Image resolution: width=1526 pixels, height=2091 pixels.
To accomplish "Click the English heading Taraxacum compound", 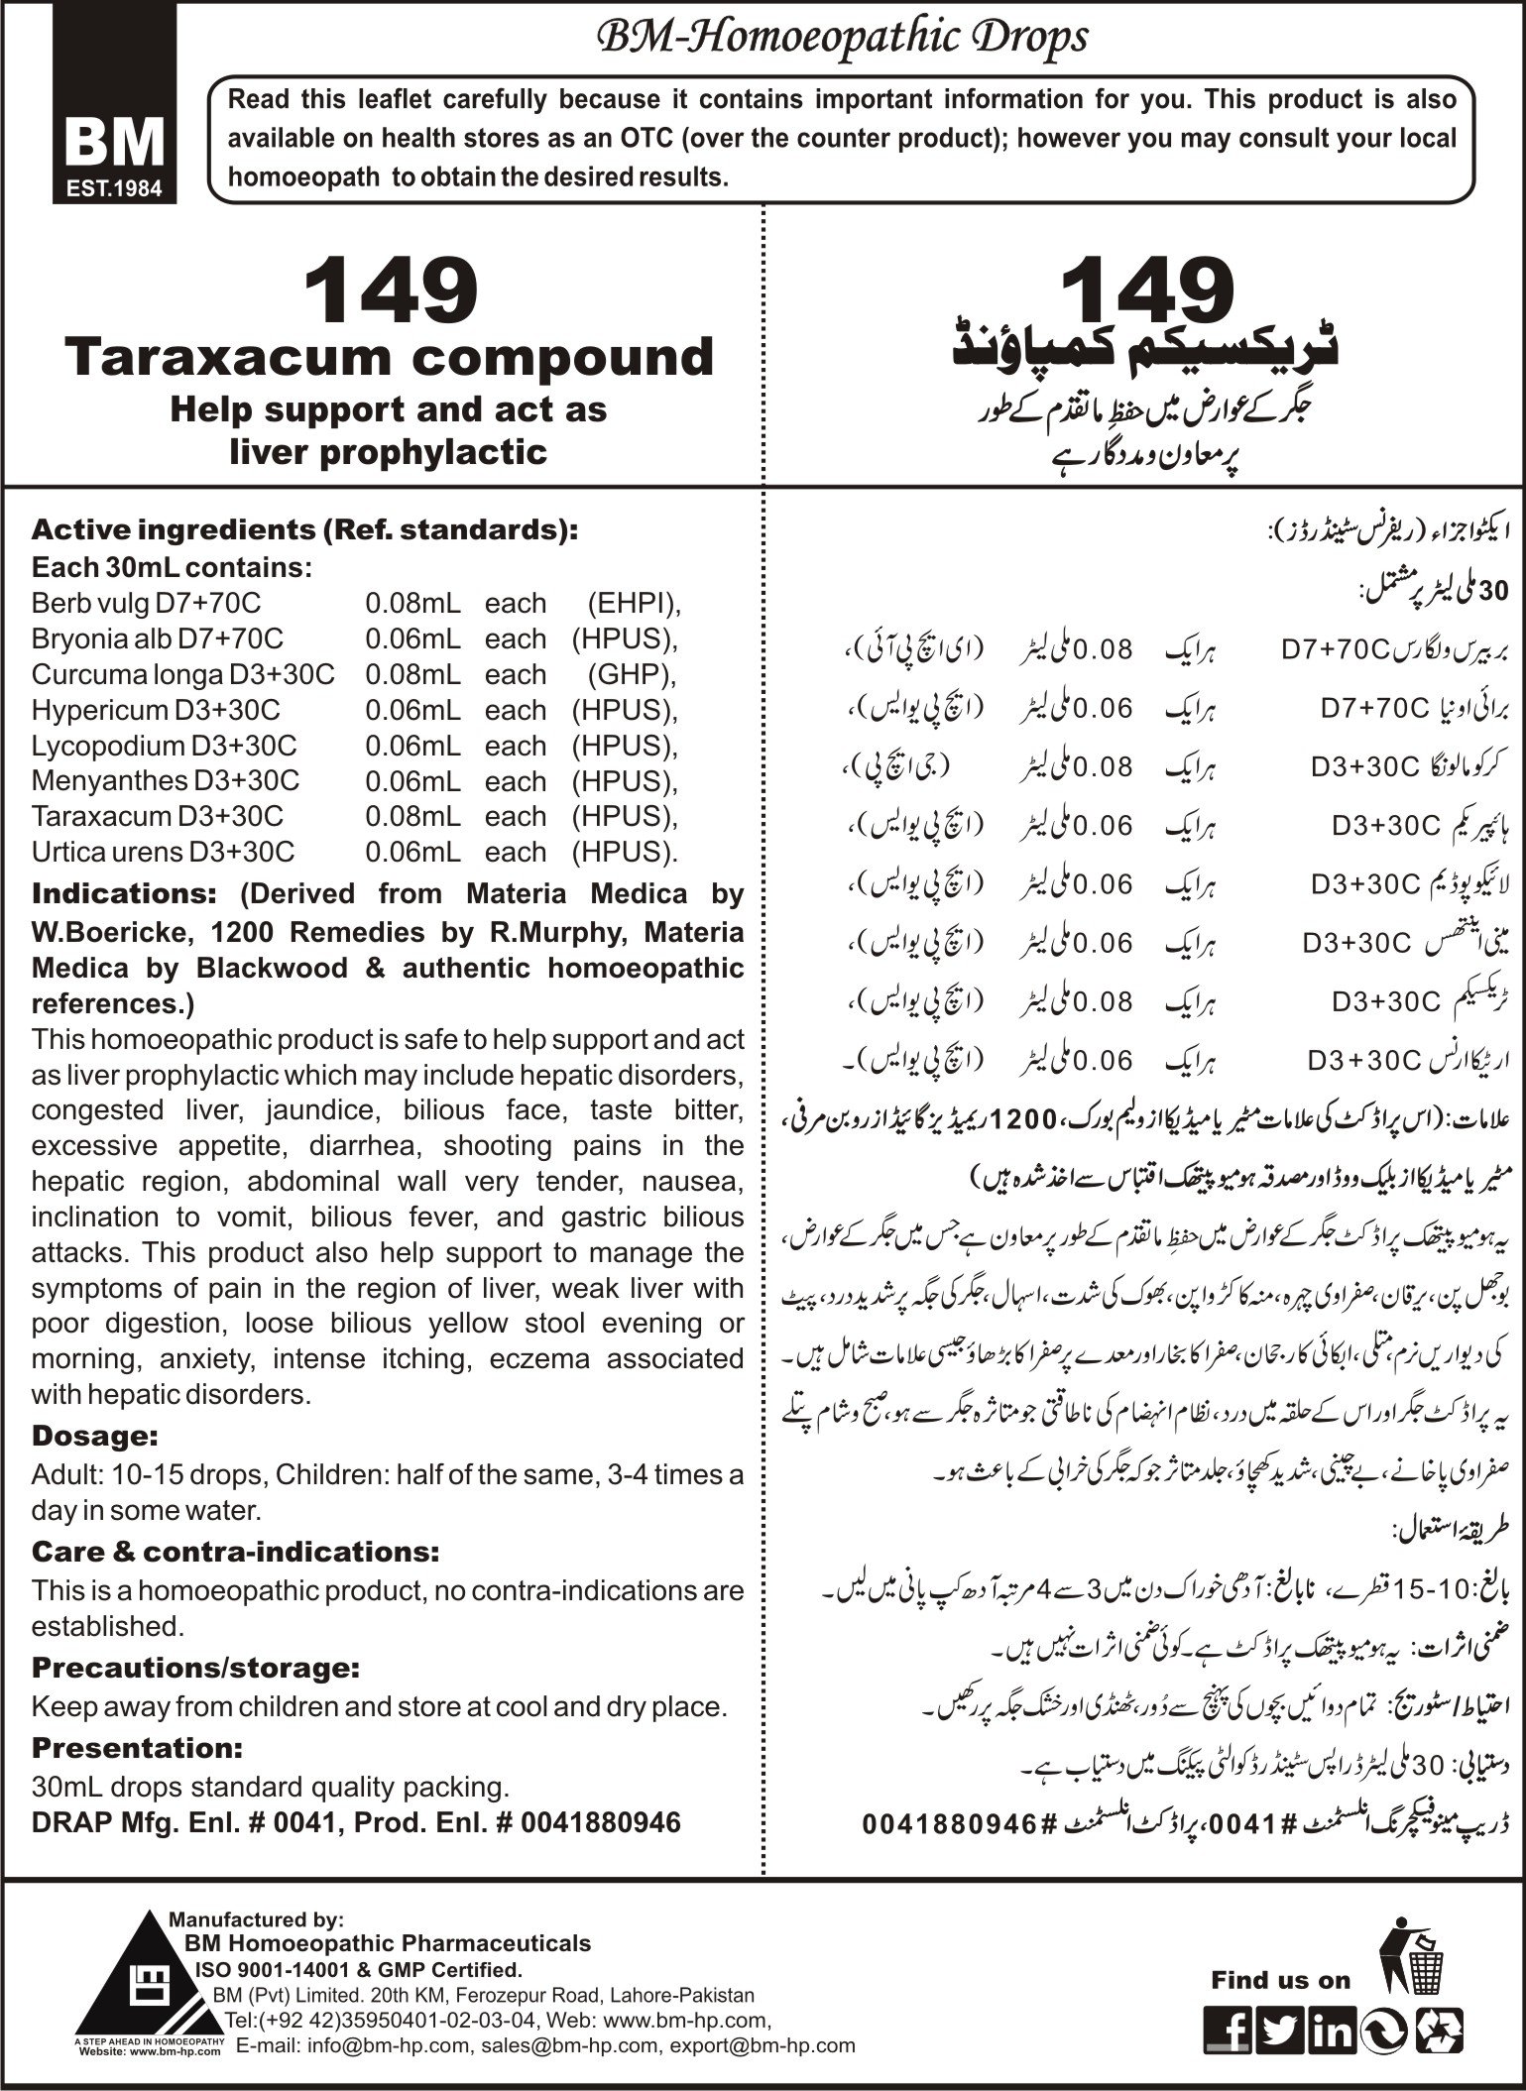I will click(x=389, y=357).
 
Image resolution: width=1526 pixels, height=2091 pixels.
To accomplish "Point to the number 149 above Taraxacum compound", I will click(x=390, y=290).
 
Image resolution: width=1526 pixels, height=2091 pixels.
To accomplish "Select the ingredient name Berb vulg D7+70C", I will click(x=147, y=603).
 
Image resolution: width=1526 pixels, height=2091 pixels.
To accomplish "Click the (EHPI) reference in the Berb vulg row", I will click(x=633, y=603).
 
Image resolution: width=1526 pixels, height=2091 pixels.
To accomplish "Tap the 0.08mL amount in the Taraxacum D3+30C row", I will click(x=412, y=816).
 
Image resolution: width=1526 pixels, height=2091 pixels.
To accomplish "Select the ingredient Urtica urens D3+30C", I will click(x=163, y=852).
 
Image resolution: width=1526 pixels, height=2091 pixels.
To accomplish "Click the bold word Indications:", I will click(x=124, y=893).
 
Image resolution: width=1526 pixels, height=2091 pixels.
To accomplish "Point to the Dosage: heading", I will click(x=95, y=1435).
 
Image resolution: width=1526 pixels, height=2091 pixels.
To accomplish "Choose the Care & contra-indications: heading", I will click(x=235, y=1551).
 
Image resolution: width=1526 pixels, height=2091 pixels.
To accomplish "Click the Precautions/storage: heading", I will click(x=194, y=1668).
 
